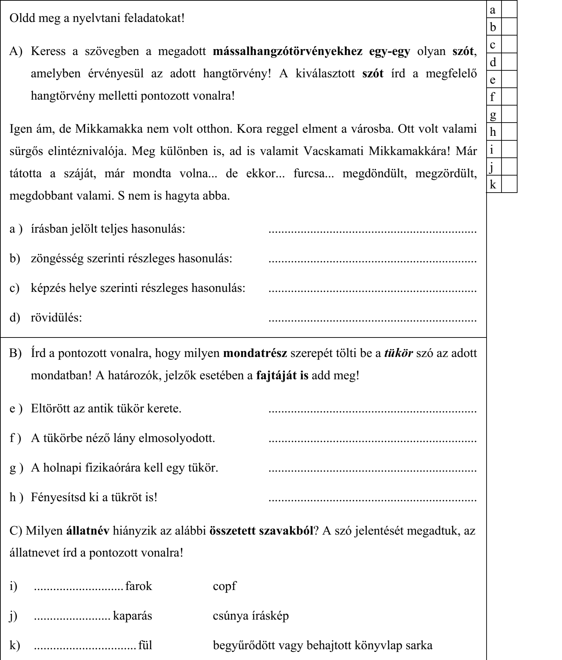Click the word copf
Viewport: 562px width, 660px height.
[x=224, y=586]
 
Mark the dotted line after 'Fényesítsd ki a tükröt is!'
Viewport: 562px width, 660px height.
[x=373, y=498]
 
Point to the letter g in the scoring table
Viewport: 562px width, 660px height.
[x=492, y=114]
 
